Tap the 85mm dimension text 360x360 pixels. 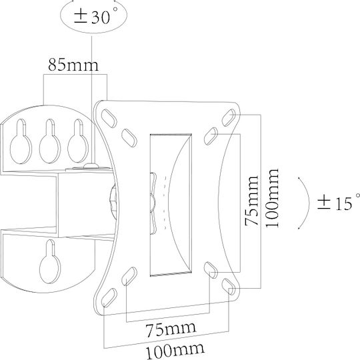pyautogui.click(x=73, y=64)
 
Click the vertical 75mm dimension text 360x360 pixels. pyautogui.click(x=252, y=201)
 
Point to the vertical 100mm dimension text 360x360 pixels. pyautogui.click(x=272, y=198)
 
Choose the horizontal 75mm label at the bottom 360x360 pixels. pyautogui.click(x=171, y=329)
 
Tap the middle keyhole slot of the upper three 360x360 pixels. pyautogui.click(x=50, y=141)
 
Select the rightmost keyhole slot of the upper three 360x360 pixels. pyautogui.click(x=78, y=141)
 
